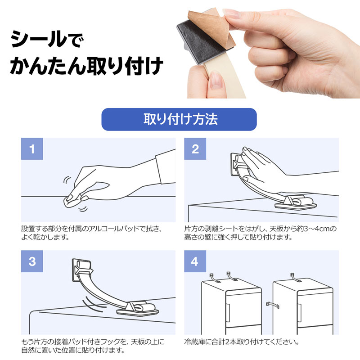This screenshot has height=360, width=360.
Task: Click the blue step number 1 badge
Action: pos(32,149)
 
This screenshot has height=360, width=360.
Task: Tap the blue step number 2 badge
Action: pos(195,149)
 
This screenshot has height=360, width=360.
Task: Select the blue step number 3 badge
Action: pos(32,261)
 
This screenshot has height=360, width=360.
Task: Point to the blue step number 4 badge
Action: pos(195,261)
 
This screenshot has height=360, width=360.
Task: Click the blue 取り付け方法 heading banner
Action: pos(179,120)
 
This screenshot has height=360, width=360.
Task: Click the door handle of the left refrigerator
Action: pos(228,310)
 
